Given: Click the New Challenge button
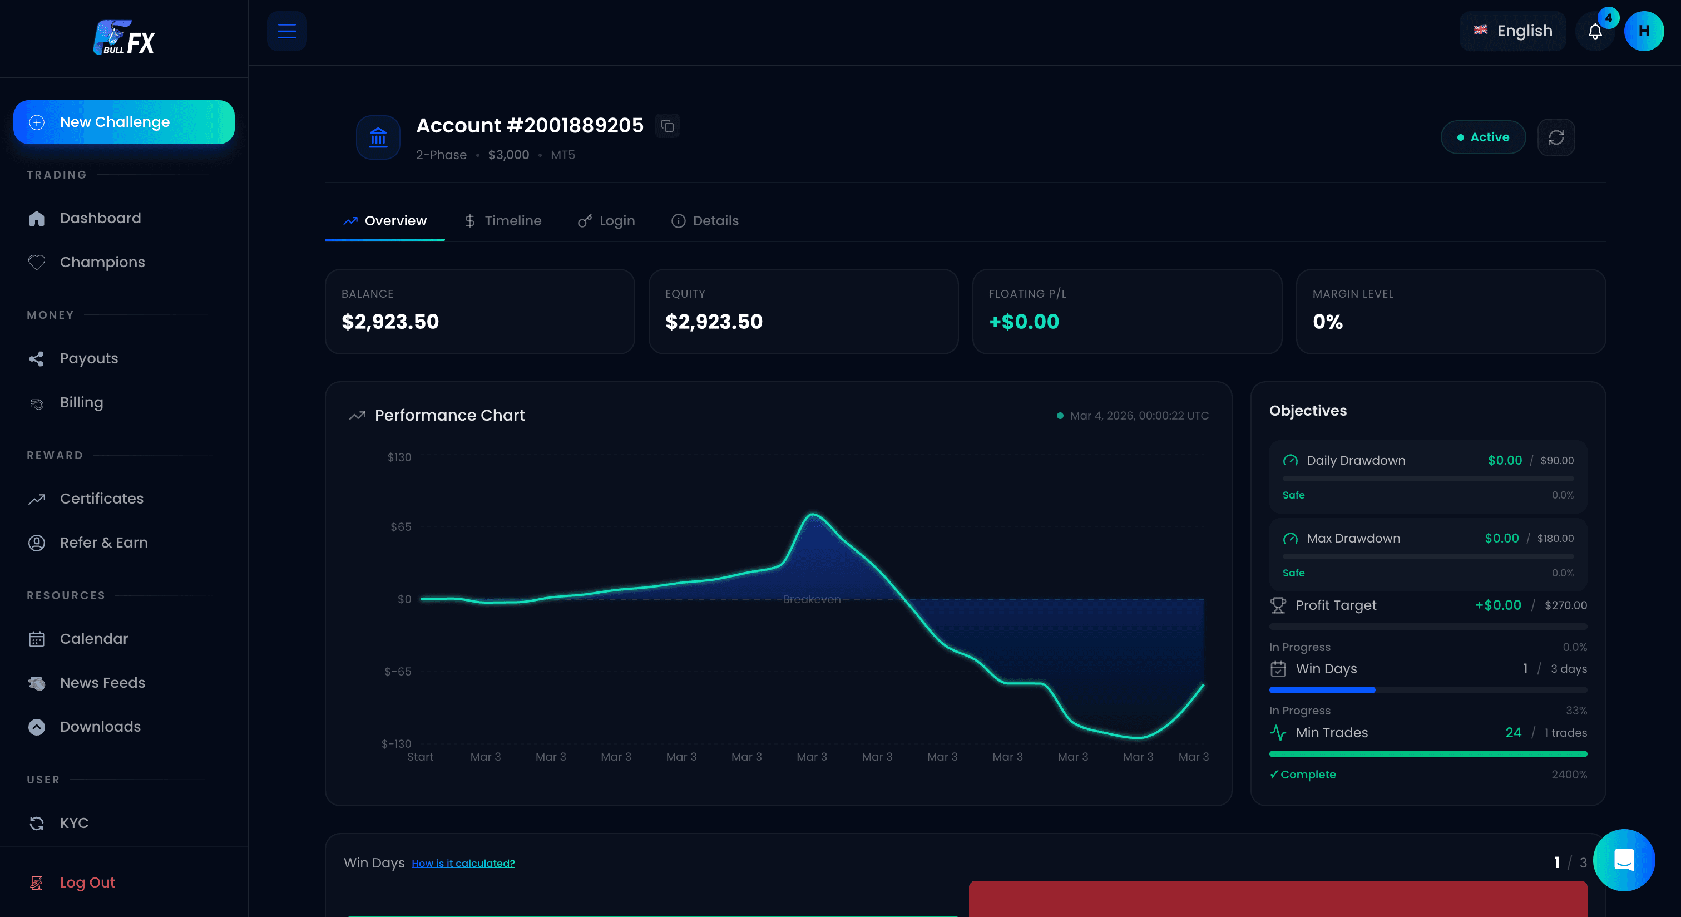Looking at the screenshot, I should click(x=123, y=122).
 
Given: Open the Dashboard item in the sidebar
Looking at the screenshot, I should click(x=100, y=218).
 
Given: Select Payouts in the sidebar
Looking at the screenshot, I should click(x=89, y=358).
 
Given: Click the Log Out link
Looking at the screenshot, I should click(x=87, y=883).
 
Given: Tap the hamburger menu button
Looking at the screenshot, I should click(x=286, y=31).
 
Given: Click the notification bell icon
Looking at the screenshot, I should click(x=1595, y=31).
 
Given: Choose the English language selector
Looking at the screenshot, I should click(x=1512, y=31).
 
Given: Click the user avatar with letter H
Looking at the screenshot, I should click(x=1643, y=31).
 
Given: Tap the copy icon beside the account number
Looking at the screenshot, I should click(x=667, y=126).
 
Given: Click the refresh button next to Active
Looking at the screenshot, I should click(x=1556, y=137).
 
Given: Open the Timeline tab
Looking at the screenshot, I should click(x=503, y=220).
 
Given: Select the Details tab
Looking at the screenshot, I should click(x=705, y=220).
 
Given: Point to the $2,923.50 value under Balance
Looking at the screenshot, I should click(x=390, y=322).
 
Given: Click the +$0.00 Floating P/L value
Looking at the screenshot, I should click(x=1024, y=322).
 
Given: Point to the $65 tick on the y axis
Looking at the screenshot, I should click(x=401, y=527).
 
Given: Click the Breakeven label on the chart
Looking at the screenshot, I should click(x=811, y=599).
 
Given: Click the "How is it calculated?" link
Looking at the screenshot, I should click(x=463, y=864).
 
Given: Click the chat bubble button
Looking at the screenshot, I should click(x=1624, y=860).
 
